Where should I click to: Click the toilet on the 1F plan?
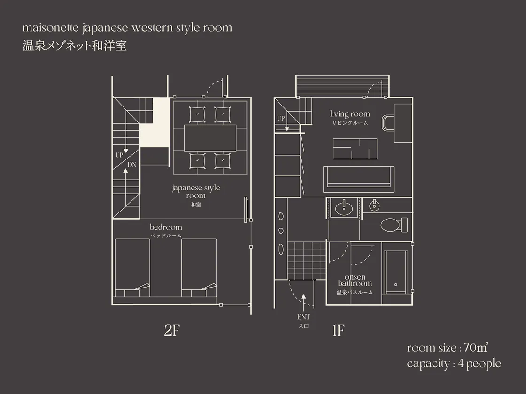(x=394, y=225)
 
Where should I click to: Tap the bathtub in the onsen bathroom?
(x=396, y=272)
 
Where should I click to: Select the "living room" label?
(x=350, y=114)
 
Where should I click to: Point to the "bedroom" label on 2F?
(x=166, y=227)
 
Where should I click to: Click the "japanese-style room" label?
(x=196, y=192)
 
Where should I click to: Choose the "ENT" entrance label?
(x=303, y=317)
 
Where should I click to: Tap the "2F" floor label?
(x=172, y=330)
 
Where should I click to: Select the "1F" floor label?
(x=339, y=330)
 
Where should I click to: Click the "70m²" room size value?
(x=476, y=348)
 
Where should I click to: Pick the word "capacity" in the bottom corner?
(x=428, y=364)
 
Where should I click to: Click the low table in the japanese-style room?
(x=210, y=138)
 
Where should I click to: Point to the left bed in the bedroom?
(x=132, y=268)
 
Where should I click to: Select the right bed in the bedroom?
(x=199, y=268)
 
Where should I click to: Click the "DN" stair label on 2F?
(x=132, y=165)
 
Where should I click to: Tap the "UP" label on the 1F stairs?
(x=281, y=118)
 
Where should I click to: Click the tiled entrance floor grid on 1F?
(x=307, y=260)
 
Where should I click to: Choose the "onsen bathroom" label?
(x=355, y=280)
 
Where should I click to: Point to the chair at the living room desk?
(x=388, y=123)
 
